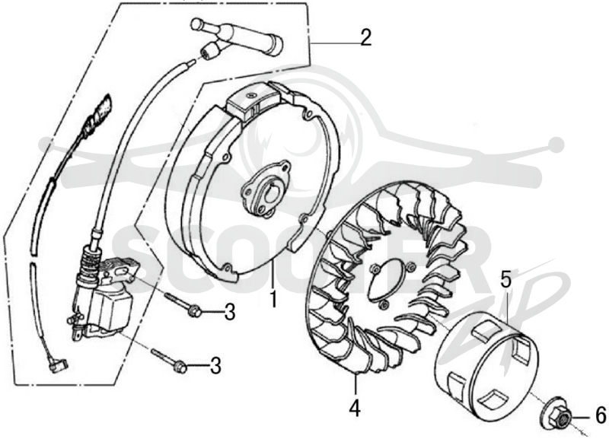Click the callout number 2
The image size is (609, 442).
[x=365, y=37]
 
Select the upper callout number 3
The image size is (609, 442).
[x=230, y=312]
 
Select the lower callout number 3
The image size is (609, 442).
[x=215, y=366]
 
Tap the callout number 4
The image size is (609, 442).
[x=355, y=408]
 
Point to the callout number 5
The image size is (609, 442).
[x=506, y=280]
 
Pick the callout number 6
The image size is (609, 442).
[x=601, y=415]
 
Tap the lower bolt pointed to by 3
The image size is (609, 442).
[x=170, y=360]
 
